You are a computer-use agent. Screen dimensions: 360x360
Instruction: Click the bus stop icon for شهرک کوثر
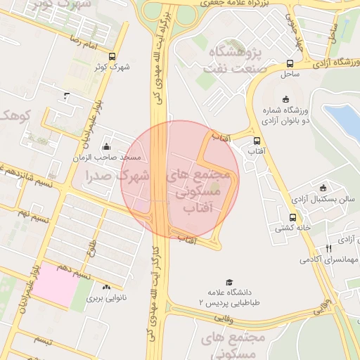pos(112,57)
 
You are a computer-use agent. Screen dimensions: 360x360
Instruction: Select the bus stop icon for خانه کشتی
pos(293,217)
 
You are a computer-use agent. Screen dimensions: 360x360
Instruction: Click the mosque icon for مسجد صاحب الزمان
pos(106,146)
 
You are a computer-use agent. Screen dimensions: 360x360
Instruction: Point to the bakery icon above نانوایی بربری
pos(106,287)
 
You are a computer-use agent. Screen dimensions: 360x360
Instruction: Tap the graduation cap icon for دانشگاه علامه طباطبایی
pos(229,281)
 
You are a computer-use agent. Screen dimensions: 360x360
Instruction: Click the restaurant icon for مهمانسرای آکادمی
pos(328,248)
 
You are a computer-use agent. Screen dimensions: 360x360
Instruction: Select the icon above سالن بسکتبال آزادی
pos(323,188)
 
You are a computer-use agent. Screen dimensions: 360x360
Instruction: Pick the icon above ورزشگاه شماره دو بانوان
pos(285,99)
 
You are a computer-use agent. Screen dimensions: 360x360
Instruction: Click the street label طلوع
pos(92,250)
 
